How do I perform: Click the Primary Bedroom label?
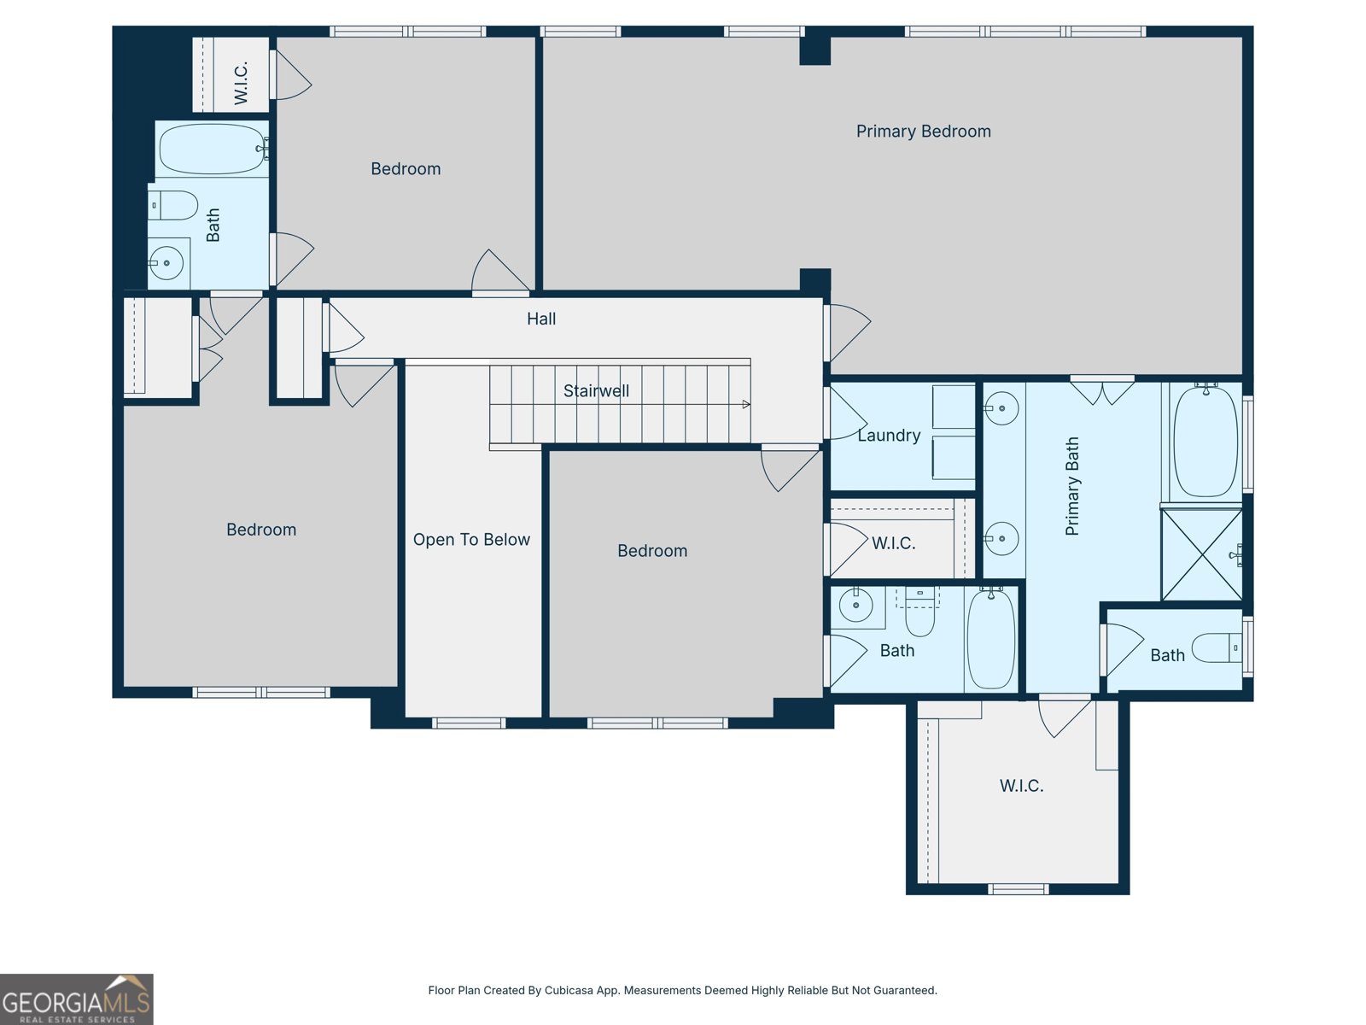(923, 132)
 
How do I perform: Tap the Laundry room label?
(889, 436)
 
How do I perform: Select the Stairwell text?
(596, 391)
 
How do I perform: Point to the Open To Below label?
(471, 540)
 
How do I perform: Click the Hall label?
(541, 319)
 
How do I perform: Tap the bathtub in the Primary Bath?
(1205, 441)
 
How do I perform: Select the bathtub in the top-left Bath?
(212, 149)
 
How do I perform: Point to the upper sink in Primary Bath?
(1001, 409)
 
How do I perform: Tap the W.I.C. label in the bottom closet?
(1021, 786)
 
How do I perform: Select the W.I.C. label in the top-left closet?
(242, 83)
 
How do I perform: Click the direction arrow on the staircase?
(746, 404)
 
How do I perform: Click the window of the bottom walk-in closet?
(1018, 889)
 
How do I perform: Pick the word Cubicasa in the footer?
(569, 991)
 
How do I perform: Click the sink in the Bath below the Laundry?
(855, 606)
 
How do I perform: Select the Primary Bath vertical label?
(1072, 487)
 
